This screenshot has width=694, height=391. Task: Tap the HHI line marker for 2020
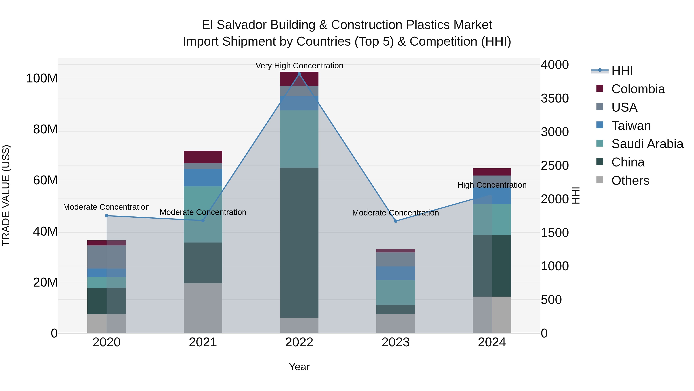[106, 216]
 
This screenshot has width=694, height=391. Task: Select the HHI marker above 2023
[396, 221]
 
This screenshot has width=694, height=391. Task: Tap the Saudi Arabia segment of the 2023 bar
[396, 293]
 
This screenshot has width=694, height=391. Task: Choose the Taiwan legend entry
[631, 126]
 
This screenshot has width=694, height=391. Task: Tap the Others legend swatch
[600, 180]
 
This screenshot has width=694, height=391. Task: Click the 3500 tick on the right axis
[554, 98]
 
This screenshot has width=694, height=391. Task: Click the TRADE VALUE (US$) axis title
[6, 195]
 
